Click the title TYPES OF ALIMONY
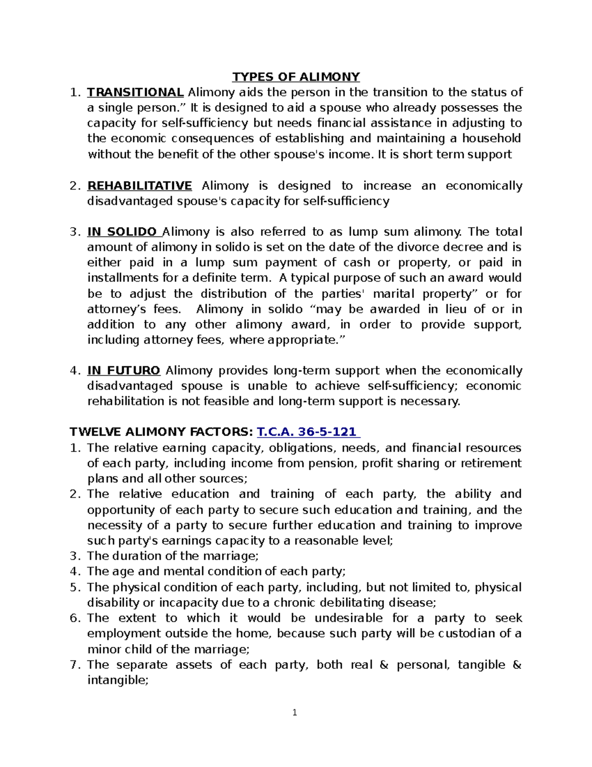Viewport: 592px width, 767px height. (x=296, y=77)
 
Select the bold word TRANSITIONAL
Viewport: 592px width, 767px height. (x=135, y=92)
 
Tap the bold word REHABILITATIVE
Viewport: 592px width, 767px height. (x=139, y=186)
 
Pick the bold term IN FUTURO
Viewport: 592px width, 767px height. (x=123, y=370)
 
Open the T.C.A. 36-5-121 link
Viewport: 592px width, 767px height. (x=308, y=432)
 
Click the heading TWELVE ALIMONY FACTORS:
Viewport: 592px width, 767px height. (x=161, y=432)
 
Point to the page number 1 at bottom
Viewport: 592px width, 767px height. (x=295, y=712)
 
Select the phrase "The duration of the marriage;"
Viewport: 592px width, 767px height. (x=173, y=556)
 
